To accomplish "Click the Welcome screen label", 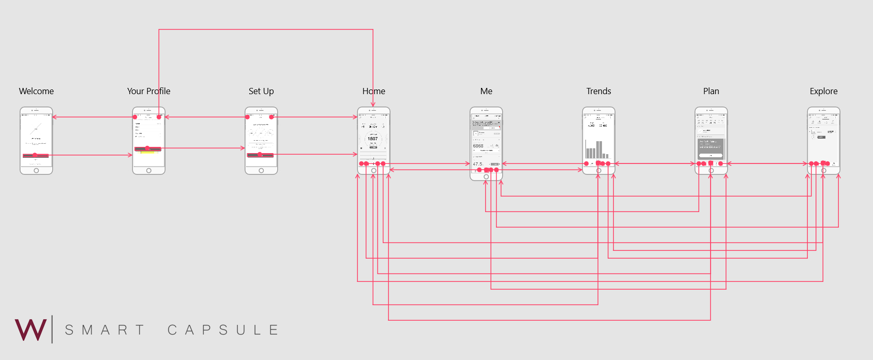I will click(36, 91).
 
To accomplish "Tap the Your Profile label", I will click(148, 91).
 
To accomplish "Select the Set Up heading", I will click(261, 91).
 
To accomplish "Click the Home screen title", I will click(373, 91).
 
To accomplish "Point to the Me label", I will click(486, 91).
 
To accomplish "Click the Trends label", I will click(598, 91).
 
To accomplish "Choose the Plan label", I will click(711, 91).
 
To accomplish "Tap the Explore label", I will click(823, 91).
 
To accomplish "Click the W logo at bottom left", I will click(31, 329).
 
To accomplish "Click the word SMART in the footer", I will click(104, 330).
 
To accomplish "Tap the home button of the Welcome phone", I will click(36, 171).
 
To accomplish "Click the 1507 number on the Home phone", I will click(373, 139).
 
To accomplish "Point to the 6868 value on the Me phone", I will click(478, 146).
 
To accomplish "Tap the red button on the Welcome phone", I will click(36, 155).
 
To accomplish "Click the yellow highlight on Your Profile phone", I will click(148, 153).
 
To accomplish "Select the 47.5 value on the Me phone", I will click(477, 164).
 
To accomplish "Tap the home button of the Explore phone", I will click(823, 171).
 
